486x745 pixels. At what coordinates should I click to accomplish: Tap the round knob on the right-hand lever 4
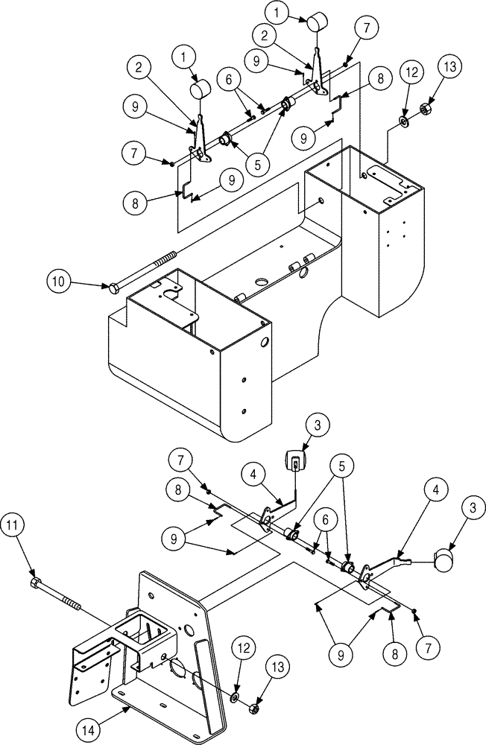point(444,559)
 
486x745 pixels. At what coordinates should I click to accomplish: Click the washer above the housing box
point(403,121)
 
